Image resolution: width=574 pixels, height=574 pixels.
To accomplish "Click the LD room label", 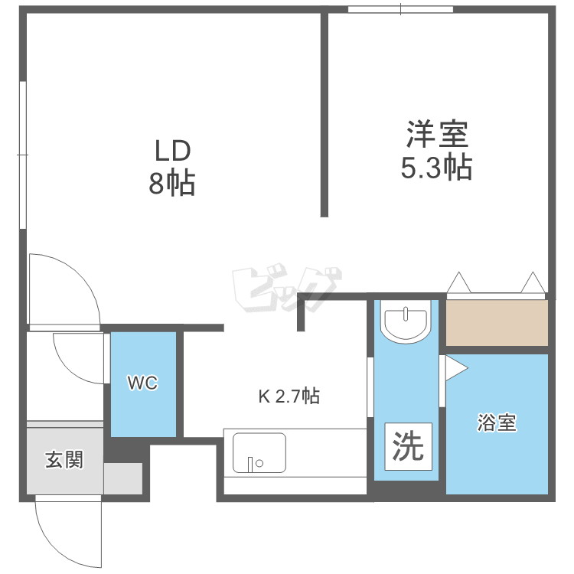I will (x=172, y=151).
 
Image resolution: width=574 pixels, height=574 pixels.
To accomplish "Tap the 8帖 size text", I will (x=172, y=184).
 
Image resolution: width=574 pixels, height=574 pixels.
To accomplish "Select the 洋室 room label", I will (x=436, y=135).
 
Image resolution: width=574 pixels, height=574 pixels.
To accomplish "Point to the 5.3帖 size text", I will (x=436, y=167).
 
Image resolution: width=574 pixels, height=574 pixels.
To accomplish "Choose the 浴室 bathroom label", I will (x=497, y=423).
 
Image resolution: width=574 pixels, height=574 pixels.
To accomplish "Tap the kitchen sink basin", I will (x=259, y=453).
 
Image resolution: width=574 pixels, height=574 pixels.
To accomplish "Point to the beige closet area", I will (x=497, y=322).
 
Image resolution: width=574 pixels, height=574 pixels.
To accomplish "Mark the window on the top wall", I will (x=400, y=9).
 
